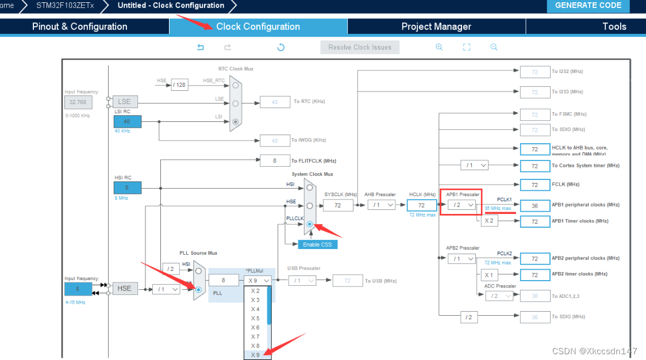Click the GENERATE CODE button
(588, 6)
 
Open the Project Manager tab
(436, 26)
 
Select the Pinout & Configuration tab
(80, 26)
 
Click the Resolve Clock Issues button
(360, 47)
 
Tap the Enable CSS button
(317, 244)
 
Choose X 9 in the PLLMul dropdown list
(255, 355)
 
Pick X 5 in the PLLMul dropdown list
(255, 318)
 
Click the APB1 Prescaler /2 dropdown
(462, 205)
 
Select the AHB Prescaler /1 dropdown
(381, 205)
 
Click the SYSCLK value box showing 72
(338, 205)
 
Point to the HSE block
(125, 288)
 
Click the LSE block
(125, 102)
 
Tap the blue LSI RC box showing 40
(127, 121)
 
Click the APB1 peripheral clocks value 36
(535, 205)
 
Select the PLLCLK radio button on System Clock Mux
(310, 224)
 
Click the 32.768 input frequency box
(77, 102)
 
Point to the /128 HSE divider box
(179, 85)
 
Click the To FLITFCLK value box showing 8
(274, 161)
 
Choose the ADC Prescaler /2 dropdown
(499, 296)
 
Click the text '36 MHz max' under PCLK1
(497, 208)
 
